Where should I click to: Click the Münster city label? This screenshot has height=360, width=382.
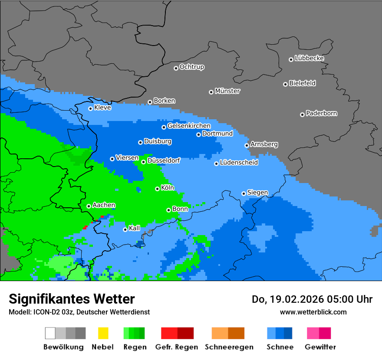pyautogui.click(x=227, y=91)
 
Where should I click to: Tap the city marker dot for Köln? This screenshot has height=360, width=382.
pyautogui.click(x=157, y=189)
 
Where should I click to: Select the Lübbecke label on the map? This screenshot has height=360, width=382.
pyautogui.click(x=309, y=58)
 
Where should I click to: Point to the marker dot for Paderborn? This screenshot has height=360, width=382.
pyautogui.click(x=302, y=115)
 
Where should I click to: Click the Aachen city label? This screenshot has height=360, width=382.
pyautogui.click(x=104, y=205)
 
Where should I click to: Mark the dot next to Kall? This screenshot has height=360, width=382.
pyautogui.click(x=125, y=229)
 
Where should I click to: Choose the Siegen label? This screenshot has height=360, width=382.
pyautogui.click(x=257, y=193)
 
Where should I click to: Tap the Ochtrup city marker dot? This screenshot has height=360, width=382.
pyautogui.click(x=176, y=68)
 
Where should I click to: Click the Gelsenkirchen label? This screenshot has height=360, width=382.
pyautogui.click(x=189, y=126)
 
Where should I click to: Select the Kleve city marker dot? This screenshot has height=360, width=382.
pyautogui.click(x=90, y=108)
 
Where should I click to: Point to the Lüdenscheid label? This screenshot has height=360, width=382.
pyautogui.click(x=239, y=163)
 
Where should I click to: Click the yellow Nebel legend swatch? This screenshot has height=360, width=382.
pyautogui.click(x=103, y=333)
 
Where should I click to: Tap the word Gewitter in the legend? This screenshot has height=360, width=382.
pyautogui.click(x=320, y=347)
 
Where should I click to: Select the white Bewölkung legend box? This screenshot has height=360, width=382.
pyautogui.click(x=50, y=333)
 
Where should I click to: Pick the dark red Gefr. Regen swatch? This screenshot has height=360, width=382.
pyautogui.click(x=185, y=333)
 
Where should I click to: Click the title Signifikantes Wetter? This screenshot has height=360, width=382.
pyautogui.click(x=72, y=299)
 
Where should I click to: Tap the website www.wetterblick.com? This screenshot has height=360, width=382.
pyautogui.click(x=313, y=312)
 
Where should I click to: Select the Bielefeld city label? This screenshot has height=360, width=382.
pyautogui.click(x=302, y=83)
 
